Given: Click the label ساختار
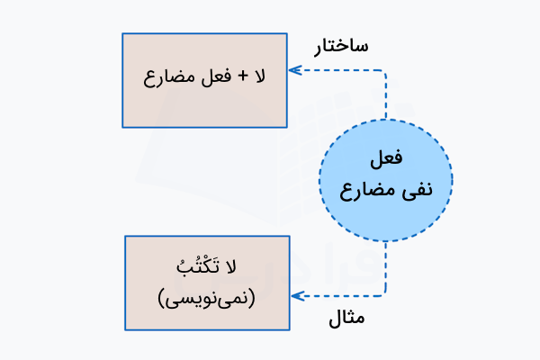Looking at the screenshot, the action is coord(341,46).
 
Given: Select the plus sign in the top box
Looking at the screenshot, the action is coord(240,77).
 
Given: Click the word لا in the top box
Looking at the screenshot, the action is coord(260,76).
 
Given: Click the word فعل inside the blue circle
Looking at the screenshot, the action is coord(386,158).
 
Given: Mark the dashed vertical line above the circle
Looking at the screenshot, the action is coord(386,94).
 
